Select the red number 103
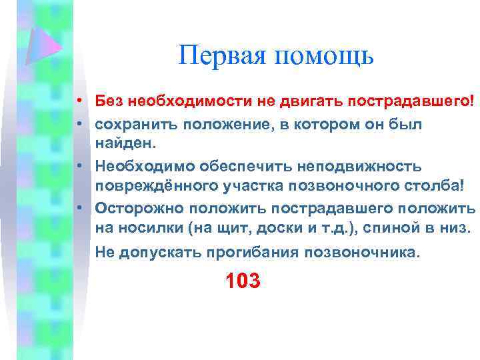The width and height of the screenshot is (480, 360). (x=243, y=281)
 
